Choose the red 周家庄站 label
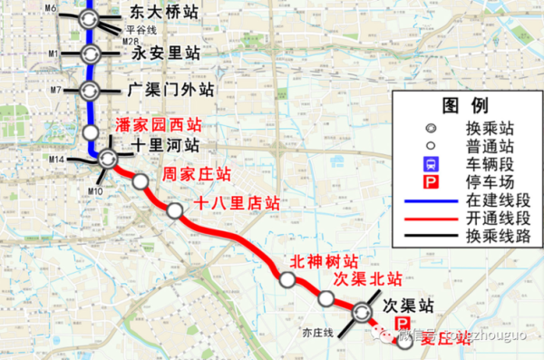point(195,173)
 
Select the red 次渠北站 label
point(366,277)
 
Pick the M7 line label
point(55,91)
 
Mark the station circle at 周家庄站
point(140,182)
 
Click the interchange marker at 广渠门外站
point(90,91)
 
